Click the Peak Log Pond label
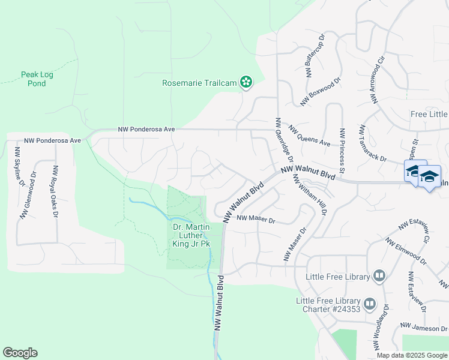pyautogui.click(x=33, y=79)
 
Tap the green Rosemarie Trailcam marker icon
pyautogui.click(x=246, y=82)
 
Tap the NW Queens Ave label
pyautogui.click(x=309, y=136)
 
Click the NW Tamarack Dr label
pyautogui.click(x=380, y=143)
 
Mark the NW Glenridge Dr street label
pyautogui.click(x=282, y=140)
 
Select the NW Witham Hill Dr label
pyautogui.click(x=309, y=194)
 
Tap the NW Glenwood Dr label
pyautogui.click(x=28, y=196)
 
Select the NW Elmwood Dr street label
pyautogui.click(x=405, y=252)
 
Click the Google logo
pyautogui.click(x=20, y=353)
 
